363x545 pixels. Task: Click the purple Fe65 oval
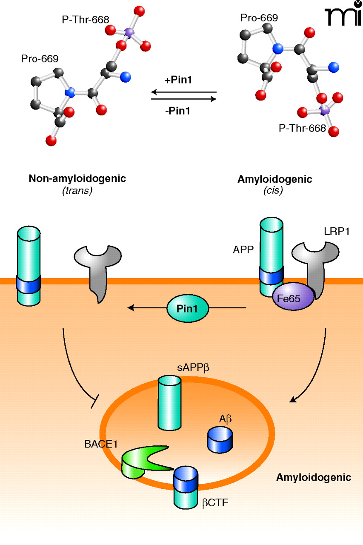tap(293, 299)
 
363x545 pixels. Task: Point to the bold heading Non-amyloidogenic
tap(77, 179)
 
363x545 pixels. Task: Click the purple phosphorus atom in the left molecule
tap(129, 32)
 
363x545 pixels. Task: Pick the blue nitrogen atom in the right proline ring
tap(277, 49)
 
